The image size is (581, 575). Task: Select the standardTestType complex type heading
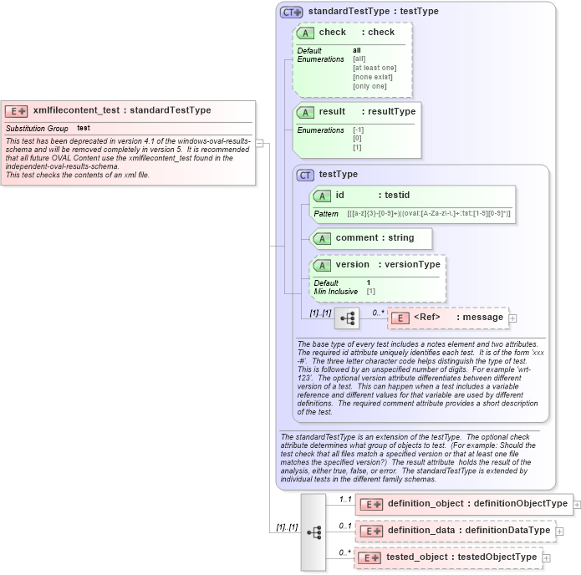point(361,12)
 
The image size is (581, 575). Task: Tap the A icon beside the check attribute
point(305,33)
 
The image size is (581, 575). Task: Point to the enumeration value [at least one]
point(375,68)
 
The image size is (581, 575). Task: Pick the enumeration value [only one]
point(369,86)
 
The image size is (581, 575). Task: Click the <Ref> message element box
point(447,318)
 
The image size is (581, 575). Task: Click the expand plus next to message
point(513,318)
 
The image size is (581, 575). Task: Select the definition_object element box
point(464,504)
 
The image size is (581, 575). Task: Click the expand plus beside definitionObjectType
point(577,504)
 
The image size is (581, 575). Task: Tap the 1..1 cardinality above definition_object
point(344,499)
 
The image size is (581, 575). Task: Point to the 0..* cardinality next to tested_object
point(344,552)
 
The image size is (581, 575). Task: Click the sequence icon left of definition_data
point(314,532)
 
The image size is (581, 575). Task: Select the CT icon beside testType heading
point(306,175)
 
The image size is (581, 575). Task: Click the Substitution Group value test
point(84,128)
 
